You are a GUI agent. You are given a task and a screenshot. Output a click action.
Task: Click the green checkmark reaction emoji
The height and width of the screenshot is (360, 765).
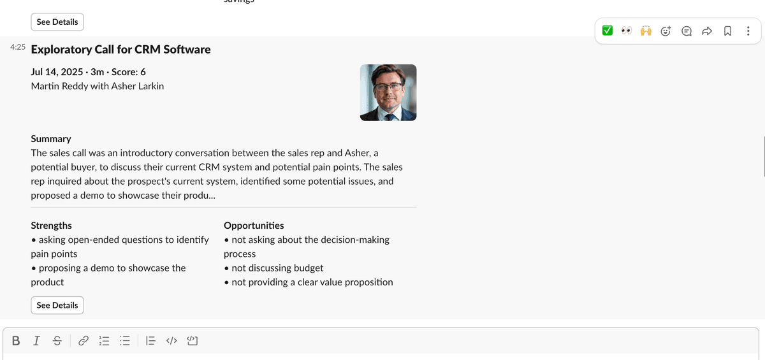click(608, 31)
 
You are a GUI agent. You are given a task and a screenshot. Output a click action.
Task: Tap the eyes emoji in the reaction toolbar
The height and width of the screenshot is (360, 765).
click(627, 31)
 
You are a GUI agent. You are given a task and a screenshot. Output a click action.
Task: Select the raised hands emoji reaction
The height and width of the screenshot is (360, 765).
click(646, 31)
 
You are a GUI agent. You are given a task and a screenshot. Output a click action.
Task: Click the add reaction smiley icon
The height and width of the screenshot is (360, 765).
click(666, 31)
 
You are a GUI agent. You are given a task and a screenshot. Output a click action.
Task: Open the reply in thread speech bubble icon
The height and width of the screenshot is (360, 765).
click(687, 31)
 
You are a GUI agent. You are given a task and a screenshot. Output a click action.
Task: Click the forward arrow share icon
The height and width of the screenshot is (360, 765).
click(706, 31)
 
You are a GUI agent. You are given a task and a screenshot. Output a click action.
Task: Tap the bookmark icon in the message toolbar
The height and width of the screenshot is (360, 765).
click(727, 31)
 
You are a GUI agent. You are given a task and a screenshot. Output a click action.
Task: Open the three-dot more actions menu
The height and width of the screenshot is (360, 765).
click(748, 31)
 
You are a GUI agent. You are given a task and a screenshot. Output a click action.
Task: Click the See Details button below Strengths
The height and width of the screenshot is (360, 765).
click(57, 305)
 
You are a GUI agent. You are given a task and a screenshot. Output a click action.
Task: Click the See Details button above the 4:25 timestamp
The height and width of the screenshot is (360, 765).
click(57, 22)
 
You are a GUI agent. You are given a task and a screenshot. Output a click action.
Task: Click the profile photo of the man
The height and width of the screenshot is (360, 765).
click(388, 92)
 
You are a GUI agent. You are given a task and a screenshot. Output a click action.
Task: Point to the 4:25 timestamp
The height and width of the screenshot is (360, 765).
click(18, 47)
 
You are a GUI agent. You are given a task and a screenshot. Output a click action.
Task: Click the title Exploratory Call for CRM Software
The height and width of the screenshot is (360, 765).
click(120, 49)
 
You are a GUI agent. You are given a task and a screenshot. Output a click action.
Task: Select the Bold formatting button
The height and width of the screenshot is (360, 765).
click(16, 341)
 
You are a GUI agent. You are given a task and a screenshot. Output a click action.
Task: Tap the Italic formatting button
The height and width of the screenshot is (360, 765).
click(36, 341)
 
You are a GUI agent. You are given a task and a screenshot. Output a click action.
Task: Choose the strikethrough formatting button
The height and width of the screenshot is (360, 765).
click(57, 341)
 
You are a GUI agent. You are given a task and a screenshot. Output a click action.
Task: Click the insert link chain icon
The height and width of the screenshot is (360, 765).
click(84, 341)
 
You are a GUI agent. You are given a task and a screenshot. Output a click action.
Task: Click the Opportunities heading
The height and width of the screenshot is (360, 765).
click(254, 226)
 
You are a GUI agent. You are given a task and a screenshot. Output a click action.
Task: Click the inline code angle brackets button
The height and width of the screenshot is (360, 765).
click(171, 341)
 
